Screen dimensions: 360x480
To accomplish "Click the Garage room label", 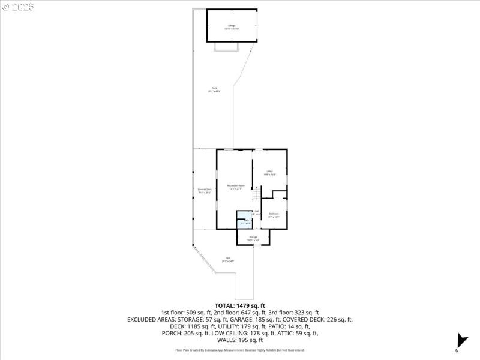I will [x=232, y=26].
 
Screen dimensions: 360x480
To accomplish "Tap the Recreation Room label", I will [x=235, y=187].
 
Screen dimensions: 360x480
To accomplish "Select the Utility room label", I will [x=270, y=173].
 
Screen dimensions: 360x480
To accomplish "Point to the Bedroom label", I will [x=274, y=215].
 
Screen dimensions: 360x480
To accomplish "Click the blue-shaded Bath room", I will [x=245, y=219].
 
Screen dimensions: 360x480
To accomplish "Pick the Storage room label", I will [x=253, y=238].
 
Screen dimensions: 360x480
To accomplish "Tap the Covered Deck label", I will [x=205, y=191].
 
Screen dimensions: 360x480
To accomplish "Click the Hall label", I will [x=256, y=212].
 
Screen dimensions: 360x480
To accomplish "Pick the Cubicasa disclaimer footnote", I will [x=239, y=350].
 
